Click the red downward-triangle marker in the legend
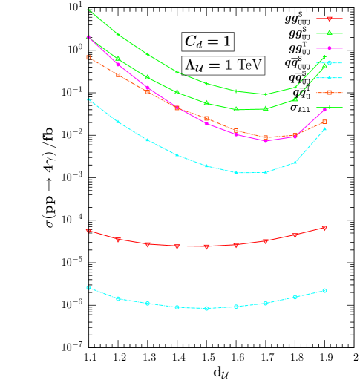point(329,19)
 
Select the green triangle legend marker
point(329,33)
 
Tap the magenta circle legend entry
point(329,48)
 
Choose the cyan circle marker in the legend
point(329,63)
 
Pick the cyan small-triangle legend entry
point(329,77)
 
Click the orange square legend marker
point(329,92)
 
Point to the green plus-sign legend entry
point(329,107)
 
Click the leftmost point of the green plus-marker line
point(88,9)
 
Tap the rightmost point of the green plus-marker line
point(324,56)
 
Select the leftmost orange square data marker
point(88,57)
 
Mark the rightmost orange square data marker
point(324,122)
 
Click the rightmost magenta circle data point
point(324,110)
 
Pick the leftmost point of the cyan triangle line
point(88,99)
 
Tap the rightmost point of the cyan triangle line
point(324,129)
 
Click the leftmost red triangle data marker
point(88,231)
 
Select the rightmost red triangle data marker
point(324,228)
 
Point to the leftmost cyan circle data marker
point(88,288)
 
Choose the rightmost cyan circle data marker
point(324,290)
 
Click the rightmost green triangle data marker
point(324,65)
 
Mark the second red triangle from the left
point(118,240)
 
